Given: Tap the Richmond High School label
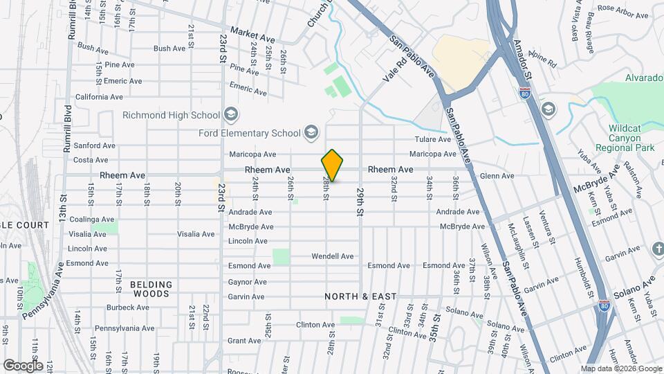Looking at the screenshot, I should coord(170,115).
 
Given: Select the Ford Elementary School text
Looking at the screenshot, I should coord(250,133).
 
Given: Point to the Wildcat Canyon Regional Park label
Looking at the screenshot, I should coord(631,139).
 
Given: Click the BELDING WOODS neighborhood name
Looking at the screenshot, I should coord(150,289).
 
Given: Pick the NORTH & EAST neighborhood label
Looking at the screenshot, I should coord(361,296).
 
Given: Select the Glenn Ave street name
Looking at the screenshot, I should coord(497,176).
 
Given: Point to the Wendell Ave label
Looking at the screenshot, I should coord(332,256).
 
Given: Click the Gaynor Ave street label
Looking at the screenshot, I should coord(247,282).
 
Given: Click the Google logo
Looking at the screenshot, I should coord(23,365).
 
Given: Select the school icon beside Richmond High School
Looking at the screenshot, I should coord(230,115).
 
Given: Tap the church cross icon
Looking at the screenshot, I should coord(657,249).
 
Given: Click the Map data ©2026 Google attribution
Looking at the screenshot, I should coord(620,368).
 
